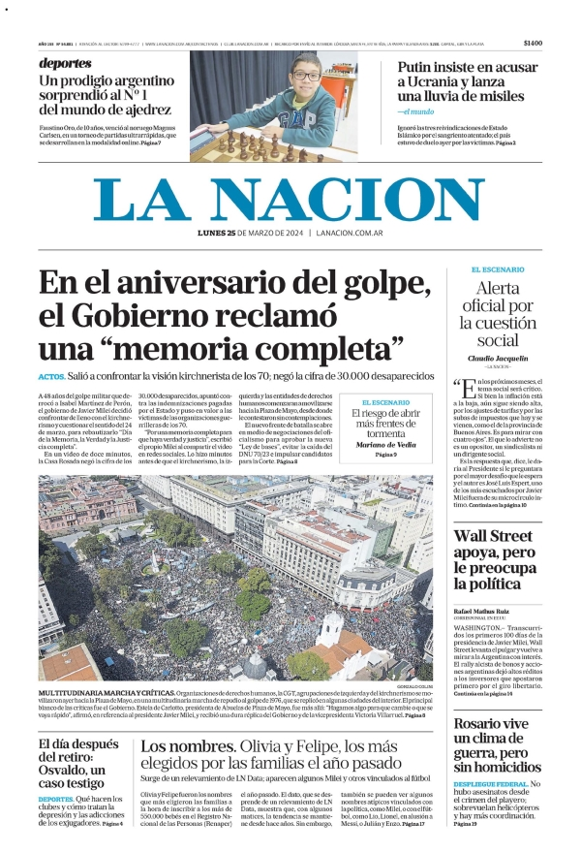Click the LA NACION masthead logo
[290, 202]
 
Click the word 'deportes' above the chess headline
[65, 63]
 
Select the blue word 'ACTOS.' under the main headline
[52, 376]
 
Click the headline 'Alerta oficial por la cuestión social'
[498, 313]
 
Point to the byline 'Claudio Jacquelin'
[498, 358]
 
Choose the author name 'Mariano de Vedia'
[385, 444]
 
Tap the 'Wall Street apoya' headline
[496, 560]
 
